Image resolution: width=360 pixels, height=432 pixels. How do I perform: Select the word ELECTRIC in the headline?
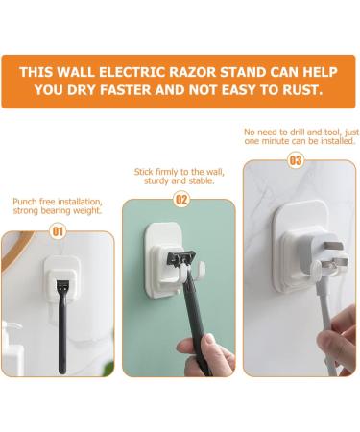132,72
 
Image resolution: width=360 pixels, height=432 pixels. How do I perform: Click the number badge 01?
58,231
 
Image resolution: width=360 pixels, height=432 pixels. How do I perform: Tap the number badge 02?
181,200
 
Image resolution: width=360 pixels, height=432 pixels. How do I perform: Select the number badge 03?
296,160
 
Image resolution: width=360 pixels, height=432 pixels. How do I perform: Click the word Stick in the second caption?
143,172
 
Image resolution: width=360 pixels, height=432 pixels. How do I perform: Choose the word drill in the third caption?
298,132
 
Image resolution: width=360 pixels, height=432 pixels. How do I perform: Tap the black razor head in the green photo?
180,258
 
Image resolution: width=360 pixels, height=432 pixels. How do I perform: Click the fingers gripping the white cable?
336,339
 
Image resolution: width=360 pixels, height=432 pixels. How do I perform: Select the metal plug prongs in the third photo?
334,256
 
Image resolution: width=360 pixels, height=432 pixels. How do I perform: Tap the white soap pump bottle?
12,348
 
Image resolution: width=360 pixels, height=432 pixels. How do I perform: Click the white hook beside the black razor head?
202,268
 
